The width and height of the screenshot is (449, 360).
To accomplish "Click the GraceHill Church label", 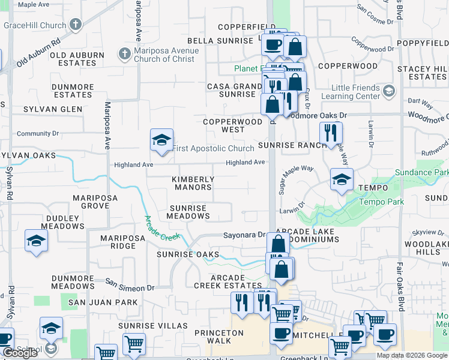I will click(x=34, y=25).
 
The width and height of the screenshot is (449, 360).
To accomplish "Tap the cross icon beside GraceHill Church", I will click(x=76, y=25).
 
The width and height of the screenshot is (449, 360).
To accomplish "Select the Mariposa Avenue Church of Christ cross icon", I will click(x=124, y=54).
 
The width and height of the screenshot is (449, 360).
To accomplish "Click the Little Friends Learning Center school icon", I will click(x=389, y=91).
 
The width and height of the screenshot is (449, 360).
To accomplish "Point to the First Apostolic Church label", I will click(x=213, y=148).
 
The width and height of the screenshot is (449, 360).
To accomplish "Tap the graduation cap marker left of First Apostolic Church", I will click(x=161, y=140).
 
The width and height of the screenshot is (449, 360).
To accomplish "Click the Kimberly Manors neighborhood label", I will click(x=193, y=183).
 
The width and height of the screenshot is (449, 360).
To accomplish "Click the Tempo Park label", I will click(x=381, y=202).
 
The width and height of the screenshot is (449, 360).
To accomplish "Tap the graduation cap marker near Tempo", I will click(x=342, y=179).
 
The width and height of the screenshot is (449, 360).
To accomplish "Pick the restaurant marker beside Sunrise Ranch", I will click(x=330, y=133).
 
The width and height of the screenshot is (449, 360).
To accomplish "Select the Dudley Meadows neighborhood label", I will click(x=59, y=222).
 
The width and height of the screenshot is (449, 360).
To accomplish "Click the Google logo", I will click(x=20, y=353).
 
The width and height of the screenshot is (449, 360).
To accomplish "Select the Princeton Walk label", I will click(x=218, y=337).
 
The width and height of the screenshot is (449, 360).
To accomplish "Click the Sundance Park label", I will click(x=421, y=173).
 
